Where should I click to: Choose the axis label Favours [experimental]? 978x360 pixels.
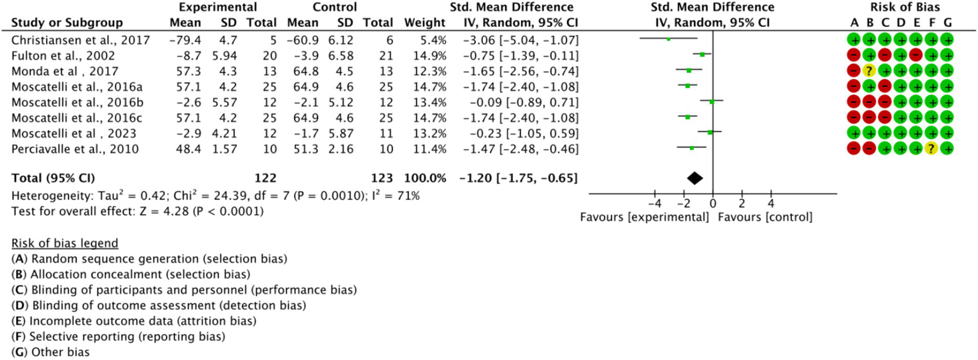tap(645, 217)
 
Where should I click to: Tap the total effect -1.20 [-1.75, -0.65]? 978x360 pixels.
tap(517, 179)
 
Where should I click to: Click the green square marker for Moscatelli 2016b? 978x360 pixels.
tap(712, 101)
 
